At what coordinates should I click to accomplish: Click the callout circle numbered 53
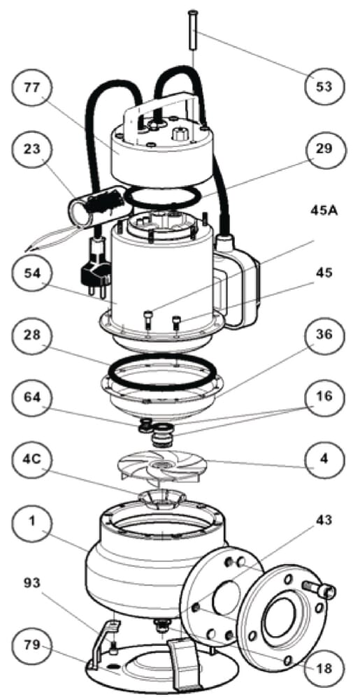click(325, 86)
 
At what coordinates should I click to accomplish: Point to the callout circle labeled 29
click(325, 148)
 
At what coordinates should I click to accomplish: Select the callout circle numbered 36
click(325, 335)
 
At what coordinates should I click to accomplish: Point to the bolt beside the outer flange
click(317, 589)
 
